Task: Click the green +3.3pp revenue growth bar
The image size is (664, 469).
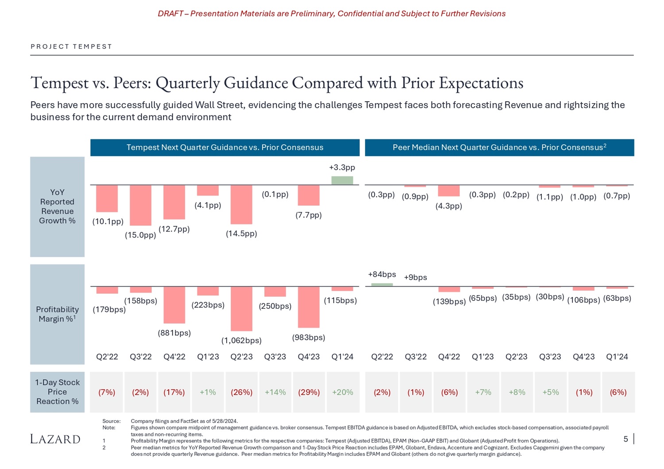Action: click(342, 181)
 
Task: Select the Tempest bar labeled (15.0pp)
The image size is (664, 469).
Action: click(140, 205)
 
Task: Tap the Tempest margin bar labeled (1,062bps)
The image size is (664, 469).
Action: click(241, 308)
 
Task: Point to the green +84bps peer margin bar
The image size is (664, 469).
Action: click(382, 284)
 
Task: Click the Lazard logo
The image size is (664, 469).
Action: click(55, 439)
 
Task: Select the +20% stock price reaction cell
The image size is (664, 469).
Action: click(343, 392)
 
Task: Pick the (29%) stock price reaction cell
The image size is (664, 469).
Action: click(309, 392)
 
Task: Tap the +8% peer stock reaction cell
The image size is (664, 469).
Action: click(517, 392)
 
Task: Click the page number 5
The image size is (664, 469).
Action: click(625, 439)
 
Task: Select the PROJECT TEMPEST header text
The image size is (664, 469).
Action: click(71, 46)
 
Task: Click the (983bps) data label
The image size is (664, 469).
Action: click(309, 337)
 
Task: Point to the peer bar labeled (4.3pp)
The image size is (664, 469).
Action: click(449, 191)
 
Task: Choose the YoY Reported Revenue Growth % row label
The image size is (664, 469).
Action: click(57, 206)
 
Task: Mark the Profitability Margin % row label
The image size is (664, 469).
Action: click(57, 314)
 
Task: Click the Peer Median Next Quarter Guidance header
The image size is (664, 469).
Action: click(499, 147)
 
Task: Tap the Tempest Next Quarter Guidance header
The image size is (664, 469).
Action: click(225, 147)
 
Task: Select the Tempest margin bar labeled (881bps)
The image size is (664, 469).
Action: click(174, 305)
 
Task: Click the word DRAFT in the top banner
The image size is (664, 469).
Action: click(170, 14)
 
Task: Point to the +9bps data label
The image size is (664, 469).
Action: click(415, 277)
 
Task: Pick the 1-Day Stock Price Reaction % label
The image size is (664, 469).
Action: click(57, 392)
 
